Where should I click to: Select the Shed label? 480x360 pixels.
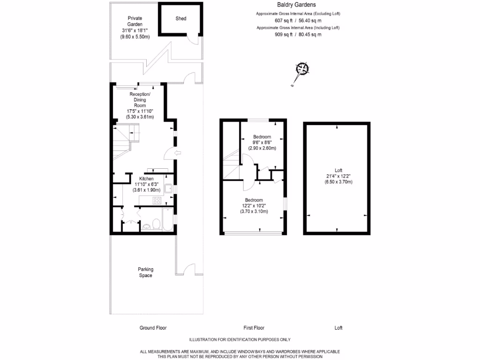point(180,19)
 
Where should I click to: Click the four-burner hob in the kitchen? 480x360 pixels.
point(157,200)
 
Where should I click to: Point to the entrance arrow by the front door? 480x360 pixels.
point(177,153)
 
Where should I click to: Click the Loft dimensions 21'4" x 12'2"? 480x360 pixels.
point(338,176)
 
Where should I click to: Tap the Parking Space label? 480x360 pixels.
point(145,272)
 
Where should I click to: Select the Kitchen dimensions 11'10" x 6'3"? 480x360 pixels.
point(146,184)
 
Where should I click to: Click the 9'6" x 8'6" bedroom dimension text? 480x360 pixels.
point(262,142)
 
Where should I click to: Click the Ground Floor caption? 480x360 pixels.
point(153,328)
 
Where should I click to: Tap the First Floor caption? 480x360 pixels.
point(254,328)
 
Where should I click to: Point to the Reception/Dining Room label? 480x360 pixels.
point(140,100)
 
